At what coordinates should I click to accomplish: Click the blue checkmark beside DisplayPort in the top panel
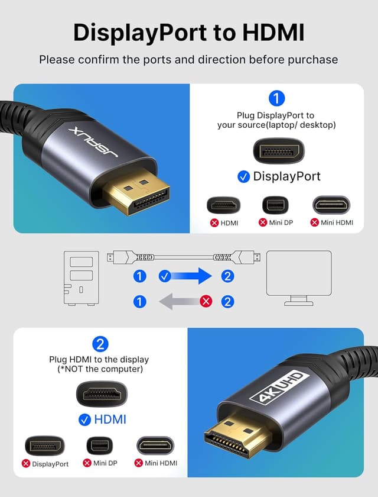point(243,176)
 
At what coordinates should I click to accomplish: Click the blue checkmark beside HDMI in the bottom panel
point(84,419)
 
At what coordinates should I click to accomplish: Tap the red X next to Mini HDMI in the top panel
point(314,222)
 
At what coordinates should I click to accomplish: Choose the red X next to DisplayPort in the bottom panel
point(26,463)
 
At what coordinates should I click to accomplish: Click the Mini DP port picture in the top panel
point(275,205)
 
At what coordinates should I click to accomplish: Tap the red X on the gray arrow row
point(206,302)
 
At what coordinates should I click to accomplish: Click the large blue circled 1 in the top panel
point(276,98)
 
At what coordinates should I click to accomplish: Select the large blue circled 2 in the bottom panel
point(100,344)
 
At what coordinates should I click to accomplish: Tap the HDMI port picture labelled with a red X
point(223,205)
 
